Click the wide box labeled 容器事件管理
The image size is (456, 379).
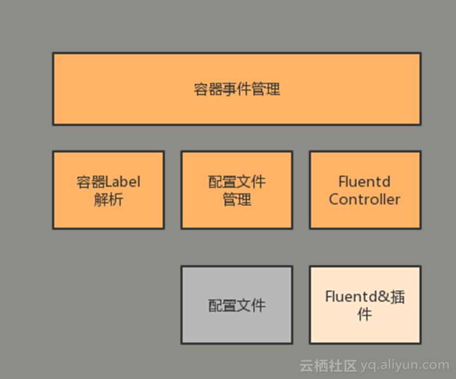(x=237, y=89)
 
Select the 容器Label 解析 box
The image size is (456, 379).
(x=109, y=190)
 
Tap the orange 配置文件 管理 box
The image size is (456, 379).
(x=237, y=190)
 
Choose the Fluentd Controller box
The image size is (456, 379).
(x=365, y=190)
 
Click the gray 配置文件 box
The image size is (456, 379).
(x=237, y=305)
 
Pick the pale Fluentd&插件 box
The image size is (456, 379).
(x=365, y=305)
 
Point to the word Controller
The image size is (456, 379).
(x=365, y=199)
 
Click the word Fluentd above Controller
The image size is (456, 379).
(x=365, y=181)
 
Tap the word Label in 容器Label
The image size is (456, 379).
(x=123, y=181)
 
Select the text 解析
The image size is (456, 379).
(x=109, y=199)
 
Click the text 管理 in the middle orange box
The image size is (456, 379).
(x=237, y=199)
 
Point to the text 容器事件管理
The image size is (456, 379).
(x=237, y=89)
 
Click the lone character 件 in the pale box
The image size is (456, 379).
(x=365, y=314)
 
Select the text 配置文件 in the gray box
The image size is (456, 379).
(x=237, y=305)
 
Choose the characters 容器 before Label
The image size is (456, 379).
(x=90, y=181)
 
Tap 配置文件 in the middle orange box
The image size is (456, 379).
(x=237, y=181)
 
